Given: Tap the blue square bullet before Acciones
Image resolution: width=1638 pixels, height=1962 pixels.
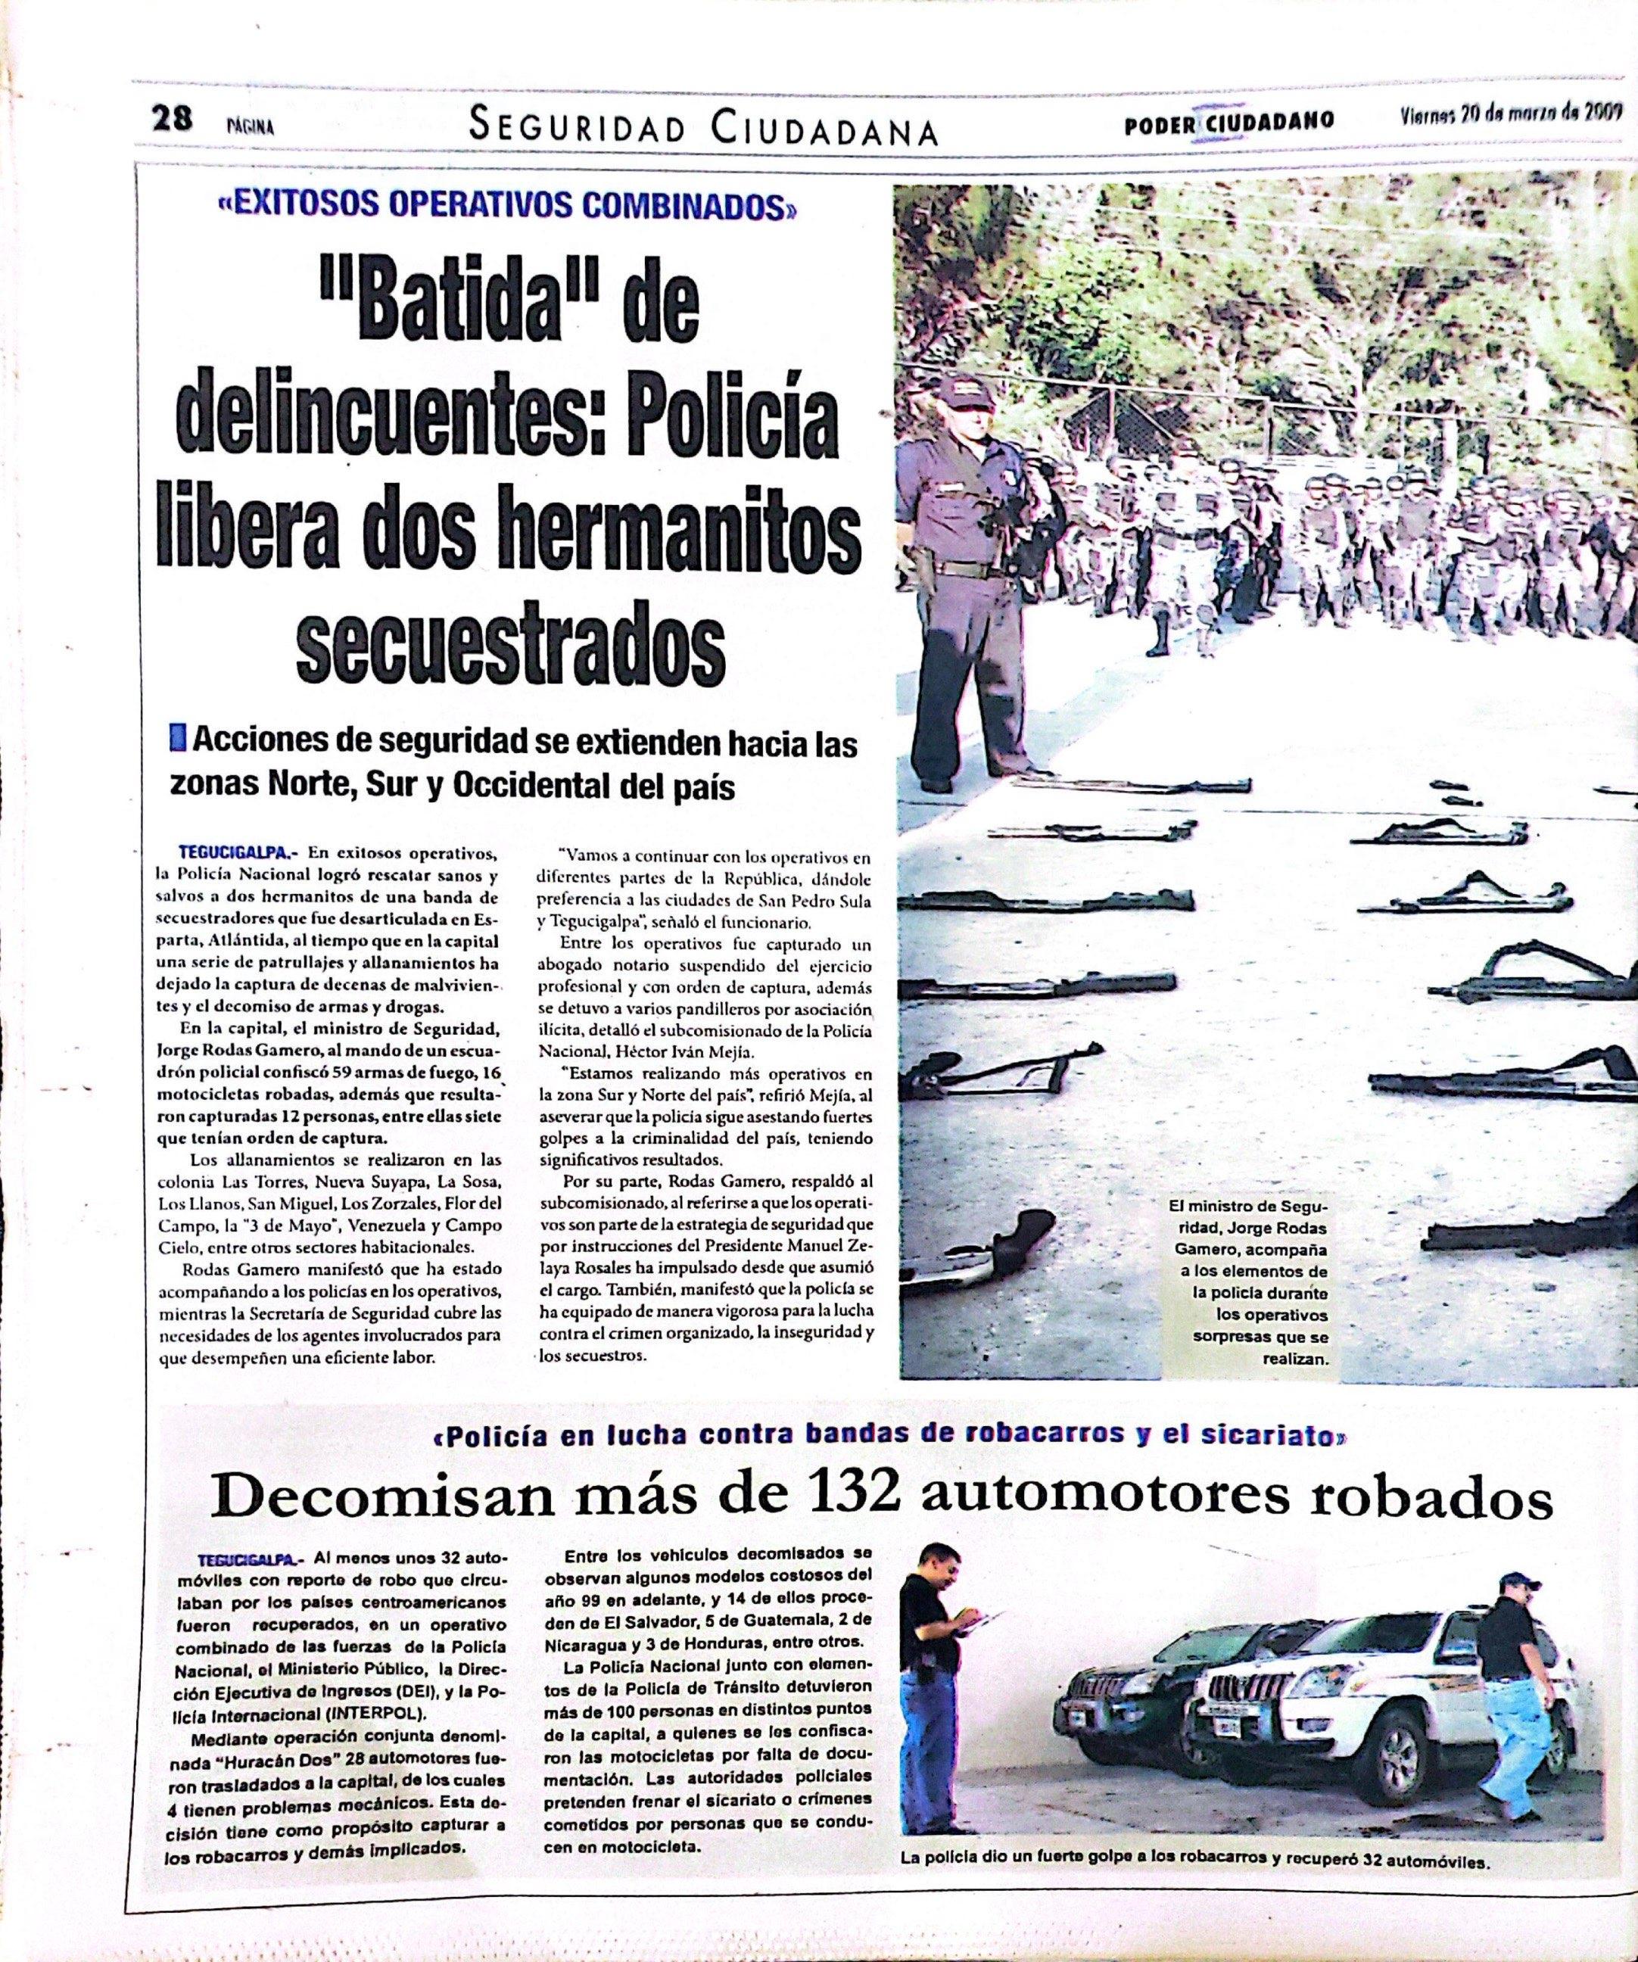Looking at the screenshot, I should [x=178, y=743].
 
